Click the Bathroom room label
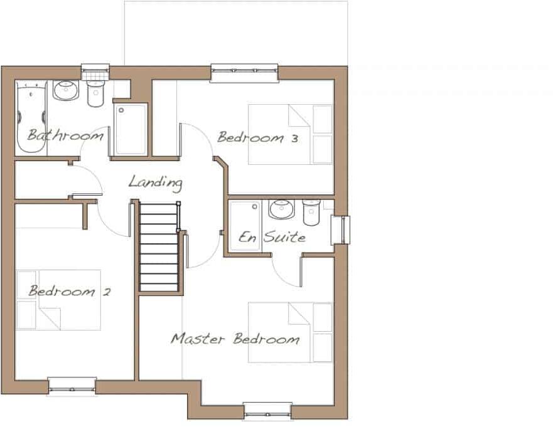(x=65, y=135)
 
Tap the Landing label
(x=155, y=182)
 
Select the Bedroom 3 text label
(x=257, y=137)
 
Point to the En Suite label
(x=272, y=237)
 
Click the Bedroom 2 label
(x=70, y=291)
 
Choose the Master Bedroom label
(x=235, y=339)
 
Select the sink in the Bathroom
(x=65, y=92)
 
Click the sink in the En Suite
(x=281, y=209)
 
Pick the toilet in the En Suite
(x=311, y=212)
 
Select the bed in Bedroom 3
(x=290, y=134)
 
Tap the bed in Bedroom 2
(x=58, y=300)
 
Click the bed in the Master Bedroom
(x=290, y=332)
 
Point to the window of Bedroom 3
(x=244, y=73)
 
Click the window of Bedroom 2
(x=72, y=386)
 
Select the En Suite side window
(x=341, y=230)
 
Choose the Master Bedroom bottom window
(x=267, y=411)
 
